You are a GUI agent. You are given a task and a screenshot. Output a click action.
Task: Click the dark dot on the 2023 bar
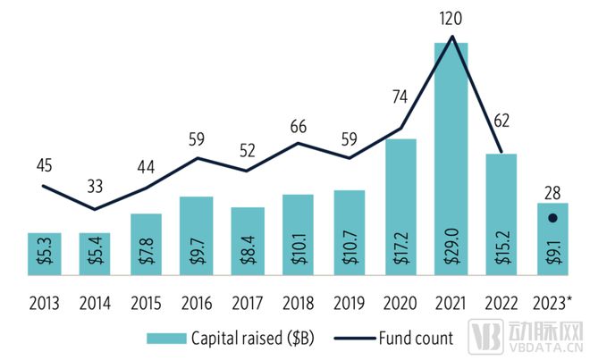[x=552, y=217]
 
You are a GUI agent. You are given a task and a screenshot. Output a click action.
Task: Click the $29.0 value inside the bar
[x=452, y=241]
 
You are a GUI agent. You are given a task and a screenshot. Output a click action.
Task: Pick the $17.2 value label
[x=401, y=241]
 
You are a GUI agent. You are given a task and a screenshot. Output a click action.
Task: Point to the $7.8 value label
[x=146, y=242]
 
